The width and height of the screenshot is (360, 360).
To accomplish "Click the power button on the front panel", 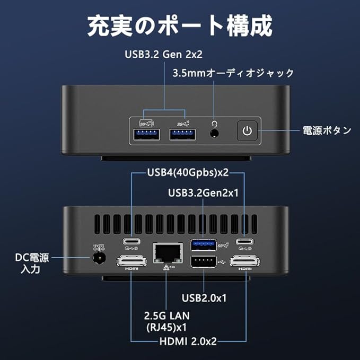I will coord(247,130).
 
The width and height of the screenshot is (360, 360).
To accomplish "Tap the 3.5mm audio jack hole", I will coord(215,134).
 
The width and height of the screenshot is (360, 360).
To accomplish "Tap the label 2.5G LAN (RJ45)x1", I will coord(167,321).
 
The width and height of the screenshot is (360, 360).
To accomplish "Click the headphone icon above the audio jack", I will coord(215,123).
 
